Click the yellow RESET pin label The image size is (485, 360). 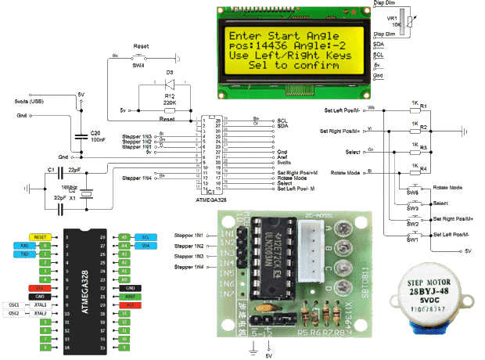[x=40, y=236]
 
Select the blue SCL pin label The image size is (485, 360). [x=145, y=236]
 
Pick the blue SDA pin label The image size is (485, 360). [x=145, y=245]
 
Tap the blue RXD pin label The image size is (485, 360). [x=25, y=245]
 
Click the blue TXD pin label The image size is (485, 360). [x=25, y=254]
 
